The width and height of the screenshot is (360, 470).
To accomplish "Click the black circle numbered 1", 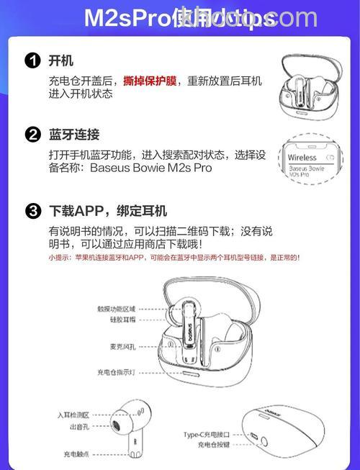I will click(x=32, y=61).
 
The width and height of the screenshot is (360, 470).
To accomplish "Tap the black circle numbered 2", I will click(x=32, y=135).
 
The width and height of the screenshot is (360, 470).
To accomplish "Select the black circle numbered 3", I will click(x=32, y=211).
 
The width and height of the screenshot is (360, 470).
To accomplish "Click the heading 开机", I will click(x=60, y=61).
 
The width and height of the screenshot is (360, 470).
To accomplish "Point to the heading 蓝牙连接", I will click(x=74, y=135).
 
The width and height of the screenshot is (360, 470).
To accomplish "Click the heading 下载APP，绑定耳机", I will click(x=107, y=211).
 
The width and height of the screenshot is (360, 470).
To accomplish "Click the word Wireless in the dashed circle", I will click(x=302, y=157).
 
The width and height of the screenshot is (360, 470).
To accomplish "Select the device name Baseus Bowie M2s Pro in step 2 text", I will click(x=151, y=168).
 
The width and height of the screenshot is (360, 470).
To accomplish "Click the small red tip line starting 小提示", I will click(x=174, y=257).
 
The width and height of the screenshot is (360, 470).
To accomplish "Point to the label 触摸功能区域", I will click(x=117, y=308).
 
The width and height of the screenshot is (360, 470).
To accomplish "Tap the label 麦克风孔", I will click(x=120, y=344).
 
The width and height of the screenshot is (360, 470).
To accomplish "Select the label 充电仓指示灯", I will click(x=116, y=372).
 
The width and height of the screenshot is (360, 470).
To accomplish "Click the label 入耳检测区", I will click(x=73, y=415).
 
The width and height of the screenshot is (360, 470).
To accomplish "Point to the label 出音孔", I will click(x=80, y=427).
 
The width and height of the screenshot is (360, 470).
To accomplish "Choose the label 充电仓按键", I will click(x=213, y=446).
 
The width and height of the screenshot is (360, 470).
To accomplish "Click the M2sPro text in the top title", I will click(x=126, y=18).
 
